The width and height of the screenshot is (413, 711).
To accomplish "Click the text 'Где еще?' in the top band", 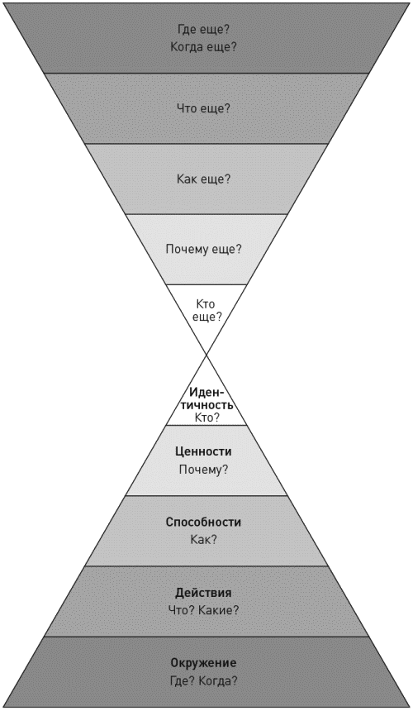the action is pyautogui.click(x=203, y=30).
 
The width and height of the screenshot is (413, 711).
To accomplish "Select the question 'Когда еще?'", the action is pyautogui.click(x=203, y=46).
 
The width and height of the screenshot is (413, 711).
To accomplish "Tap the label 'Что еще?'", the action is pyautogui.click(x=203, y=108).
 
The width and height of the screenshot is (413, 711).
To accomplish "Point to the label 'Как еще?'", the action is pyautogui.click(x=203, y=179).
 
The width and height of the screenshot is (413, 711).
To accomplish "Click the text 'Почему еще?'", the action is pyautogui.click(x=203, y=249).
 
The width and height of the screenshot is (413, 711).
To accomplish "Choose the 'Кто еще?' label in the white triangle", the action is pyautogui.click(x=206, y=310).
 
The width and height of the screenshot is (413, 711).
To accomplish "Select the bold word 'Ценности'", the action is pyautogui.click(x=203, y=451).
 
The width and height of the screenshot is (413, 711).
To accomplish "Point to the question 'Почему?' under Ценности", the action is pyautogui.click(x=203, y=470).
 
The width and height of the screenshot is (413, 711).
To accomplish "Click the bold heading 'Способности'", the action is pyautogui.click(x=203, y=522).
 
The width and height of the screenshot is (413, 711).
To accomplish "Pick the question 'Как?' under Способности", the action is pyautogui.click(x=203, y=540).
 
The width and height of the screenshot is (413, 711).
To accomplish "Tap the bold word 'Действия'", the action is pyautogui.click(x=203, y=593).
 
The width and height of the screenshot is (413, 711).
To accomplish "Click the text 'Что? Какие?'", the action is pyautogui.click(x=203, y=610).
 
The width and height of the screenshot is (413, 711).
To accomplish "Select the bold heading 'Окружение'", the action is pyautogui.click(x=203, y=663).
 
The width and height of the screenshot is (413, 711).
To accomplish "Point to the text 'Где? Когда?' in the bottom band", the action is pyautogui.click(x=203, y=680).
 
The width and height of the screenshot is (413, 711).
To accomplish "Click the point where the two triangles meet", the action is pyautogui.click(x=206, y=355).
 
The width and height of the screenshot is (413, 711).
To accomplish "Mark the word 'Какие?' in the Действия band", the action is pyautogui.click(x=220, y=610).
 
